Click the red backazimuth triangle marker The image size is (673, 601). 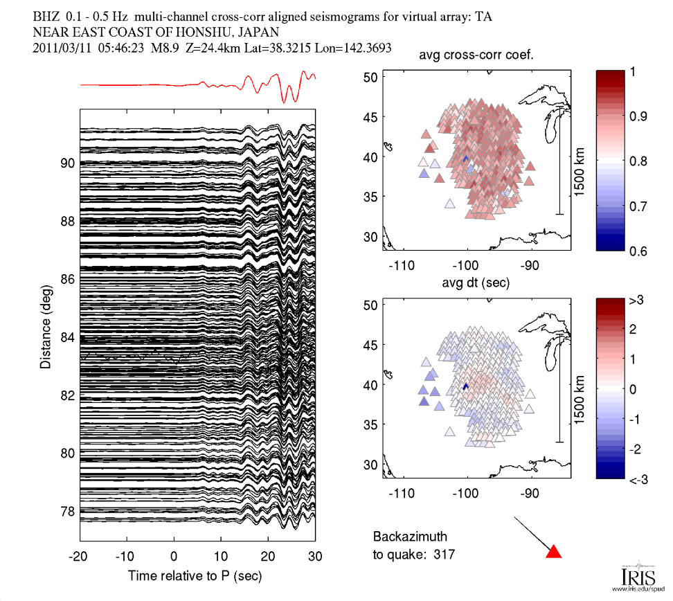point(553,552)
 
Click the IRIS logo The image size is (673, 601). point(633,576)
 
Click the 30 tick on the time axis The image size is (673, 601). point(315,557)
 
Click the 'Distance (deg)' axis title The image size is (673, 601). point(45,323)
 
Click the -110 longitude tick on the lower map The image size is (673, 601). point(402,494)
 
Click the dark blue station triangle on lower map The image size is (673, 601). point(465,386)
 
